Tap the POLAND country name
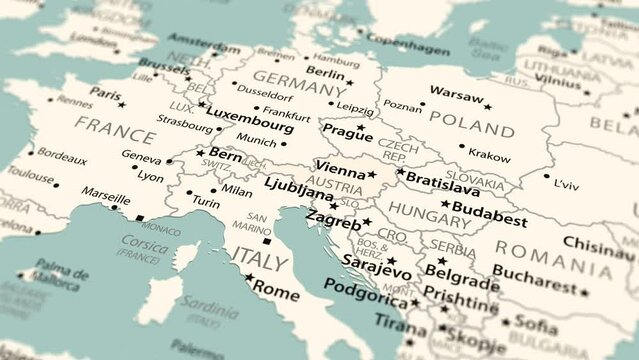coord(472,129)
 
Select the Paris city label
coord(105,92)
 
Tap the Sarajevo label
coord(376,270)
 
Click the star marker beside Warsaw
coord(488,107)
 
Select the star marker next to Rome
coord(248,277)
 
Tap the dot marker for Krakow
coord(462,146)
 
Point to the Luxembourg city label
coord(251,126)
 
